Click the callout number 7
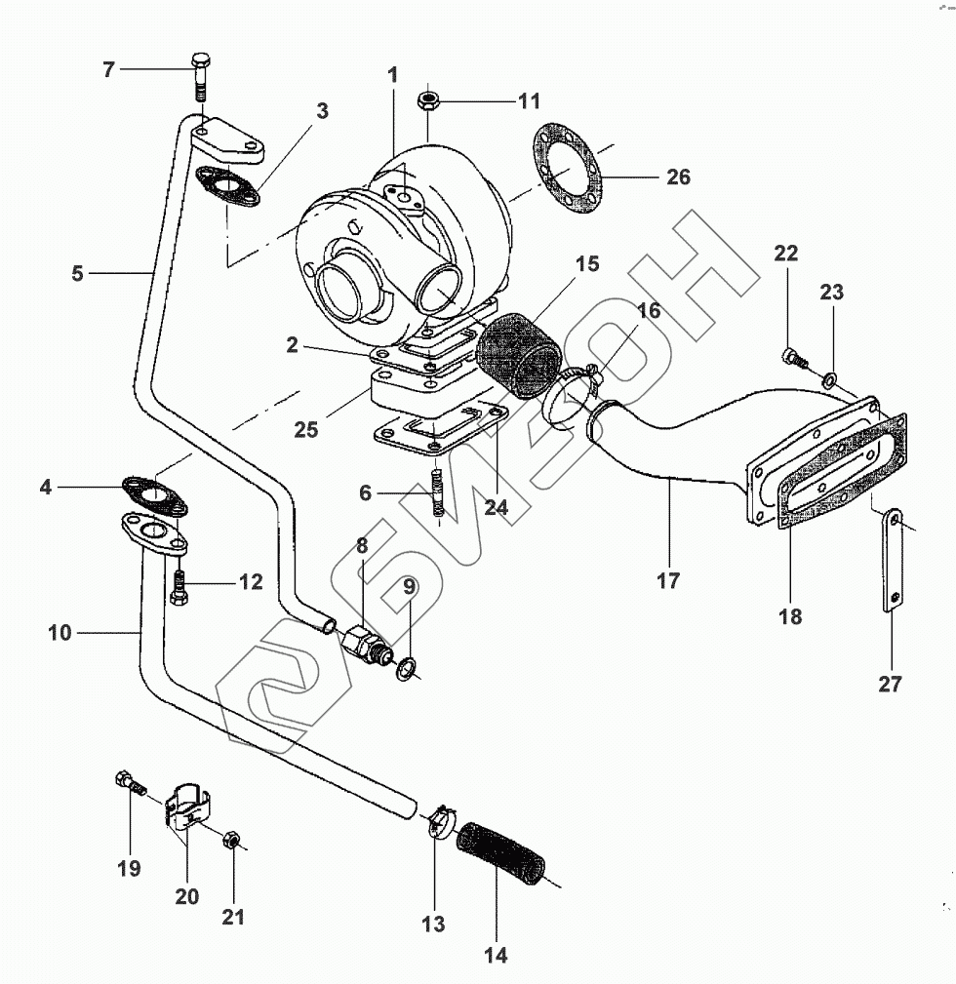(109, 70)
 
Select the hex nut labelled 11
(427, 100)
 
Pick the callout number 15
(586, 264)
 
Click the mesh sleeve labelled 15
(520, 353)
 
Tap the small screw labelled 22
(793, 357)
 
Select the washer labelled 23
(830, 377)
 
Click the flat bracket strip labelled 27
(893, 563)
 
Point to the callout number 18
(790, 616)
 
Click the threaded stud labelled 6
(438, 493)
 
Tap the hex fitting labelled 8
(362, 643)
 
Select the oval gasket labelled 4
(155, 493)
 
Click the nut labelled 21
(233, 841)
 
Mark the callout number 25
(306, 429)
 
